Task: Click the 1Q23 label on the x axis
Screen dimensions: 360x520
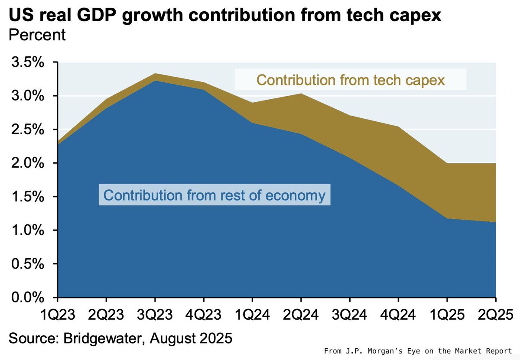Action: pyautogui.click(x=57, y=313)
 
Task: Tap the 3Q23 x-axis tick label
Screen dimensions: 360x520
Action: pyautogui.click(x=155, y=313)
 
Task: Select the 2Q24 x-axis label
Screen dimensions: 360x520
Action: pyautogui.click(x=301, y=313)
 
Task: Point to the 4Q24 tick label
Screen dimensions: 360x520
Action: pyautogui.click(x=398, y=313)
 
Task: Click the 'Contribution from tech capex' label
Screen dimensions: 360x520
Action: pyautogui.click(x=351, y=80)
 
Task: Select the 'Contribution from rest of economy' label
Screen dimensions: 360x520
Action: pyautogui.click(x=214, y=195)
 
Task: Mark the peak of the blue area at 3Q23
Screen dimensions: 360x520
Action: pyautogui.click(x=155, y=81)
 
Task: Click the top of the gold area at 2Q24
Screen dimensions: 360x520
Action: pyautogui.click(x=301, y=94)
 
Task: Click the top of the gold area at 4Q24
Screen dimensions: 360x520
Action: pyautogui.click(x=398, y=127)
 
